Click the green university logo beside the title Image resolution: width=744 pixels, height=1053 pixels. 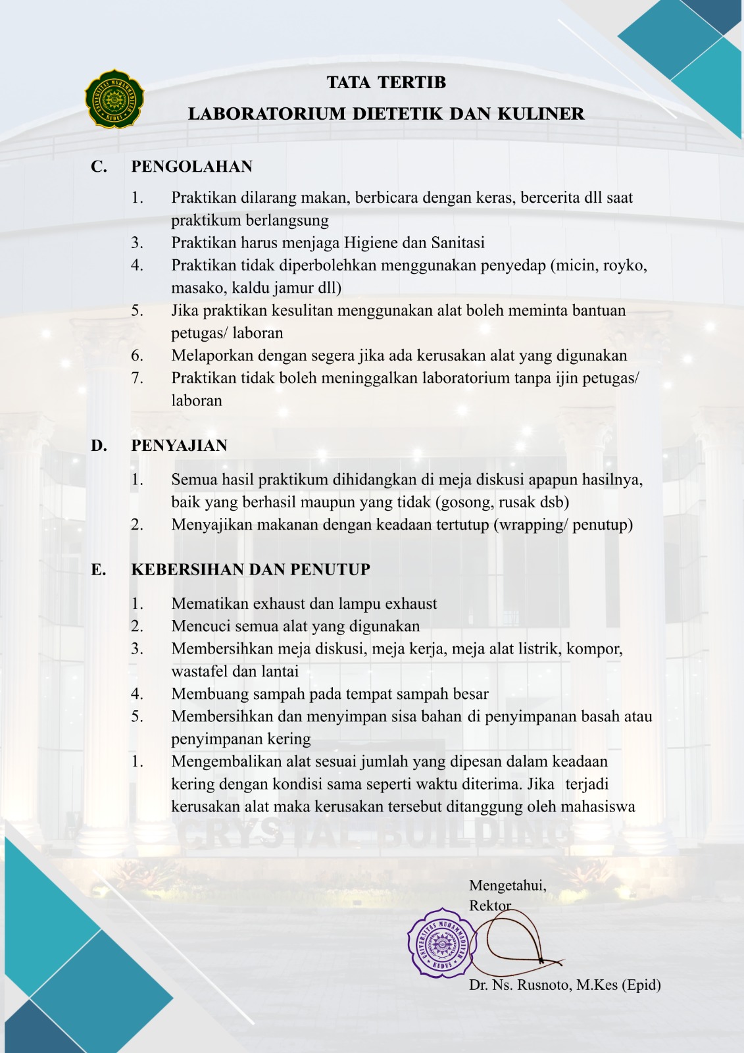114,99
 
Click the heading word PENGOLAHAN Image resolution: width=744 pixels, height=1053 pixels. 191,167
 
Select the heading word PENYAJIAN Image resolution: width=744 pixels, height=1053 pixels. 179,446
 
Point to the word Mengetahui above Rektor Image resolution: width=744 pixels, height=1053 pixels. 507,886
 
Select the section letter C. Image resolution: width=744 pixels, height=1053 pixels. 99,167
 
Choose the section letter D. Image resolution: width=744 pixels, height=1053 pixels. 99,446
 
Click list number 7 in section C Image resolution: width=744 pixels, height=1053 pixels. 137,378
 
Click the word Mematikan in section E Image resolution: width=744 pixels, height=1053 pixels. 210,604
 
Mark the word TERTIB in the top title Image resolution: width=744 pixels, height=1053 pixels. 412,82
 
